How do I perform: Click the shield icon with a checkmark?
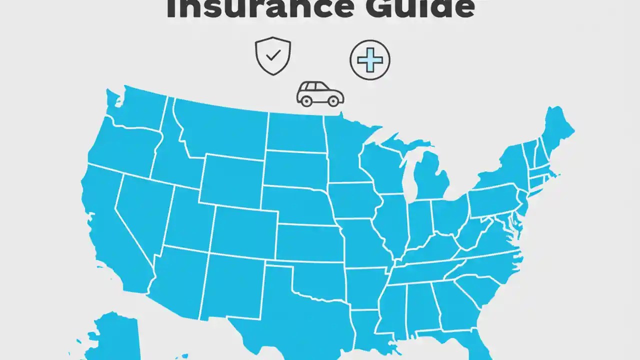pos(272,56)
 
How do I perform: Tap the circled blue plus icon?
pos(369,60)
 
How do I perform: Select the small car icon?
pos(320,94)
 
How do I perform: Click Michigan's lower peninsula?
pos(430,177)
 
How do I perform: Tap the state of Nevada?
pos(142,210)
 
